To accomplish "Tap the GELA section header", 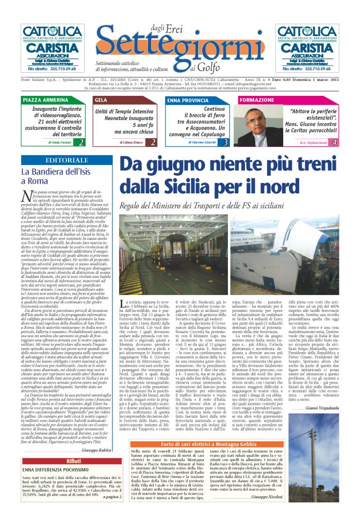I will click(x=101, y=99).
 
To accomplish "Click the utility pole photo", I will click(x=318, y=464).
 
